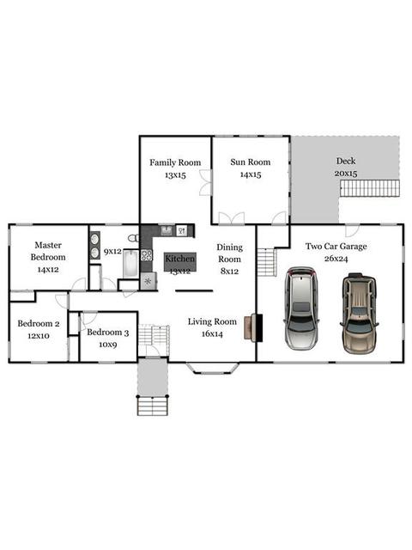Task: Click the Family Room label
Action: pos(175,162)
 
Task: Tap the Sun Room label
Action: pos(251,162)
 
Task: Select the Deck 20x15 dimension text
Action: pos(346,174)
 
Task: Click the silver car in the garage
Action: pos(301,309)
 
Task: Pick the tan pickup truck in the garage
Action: pos(359,313)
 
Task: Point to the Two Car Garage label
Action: pos(336,247)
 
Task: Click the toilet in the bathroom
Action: pos(134,238)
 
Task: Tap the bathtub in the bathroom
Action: pos(131,264)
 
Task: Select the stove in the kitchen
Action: pos(147,255)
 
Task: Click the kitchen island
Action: pos(180,261)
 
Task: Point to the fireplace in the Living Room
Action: pos(253,327)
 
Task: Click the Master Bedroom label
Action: pos(48,251)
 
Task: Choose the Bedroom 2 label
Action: pos(39,323)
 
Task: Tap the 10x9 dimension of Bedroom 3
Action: pos(108,345)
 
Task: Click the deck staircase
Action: pos(370,189)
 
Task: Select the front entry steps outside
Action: pos(153,406)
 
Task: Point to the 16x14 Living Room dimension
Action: pos(212,334)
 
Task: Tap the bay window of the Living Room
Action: pos(213,369)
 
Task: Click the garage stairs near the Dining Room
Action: pos(267,262)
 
